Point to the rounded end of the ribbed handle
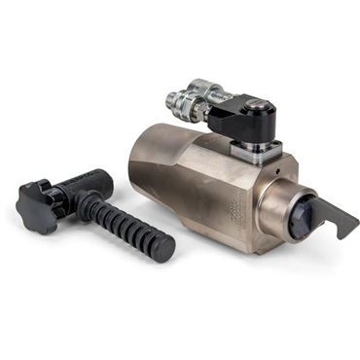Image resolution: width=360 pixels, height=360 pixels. (x=165, y=249)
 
